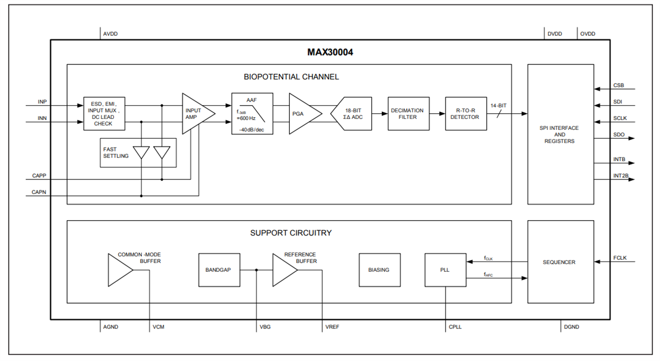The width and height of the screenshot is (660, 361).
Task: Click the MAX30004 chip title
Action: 330,53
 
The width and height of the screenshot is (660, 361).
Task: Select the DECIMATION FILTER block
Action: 408,114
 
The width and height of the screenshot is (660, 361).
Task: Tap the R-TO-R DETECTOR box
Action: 466,114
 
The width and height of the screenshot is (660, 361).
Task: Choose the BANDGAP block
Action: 219,270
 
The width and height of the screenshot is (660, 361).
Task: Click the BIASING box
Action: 379,270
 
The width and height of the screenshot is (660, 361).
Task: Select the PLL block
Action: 445,270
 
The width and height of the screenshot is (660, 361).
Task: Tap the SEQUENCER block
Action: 560,262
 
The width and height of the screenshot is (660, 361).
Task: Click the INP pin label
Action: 42,102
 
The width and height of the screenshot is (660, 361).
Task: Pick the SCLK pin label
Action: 620,118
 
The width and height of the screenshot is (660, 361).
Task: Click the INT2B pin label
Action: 620,176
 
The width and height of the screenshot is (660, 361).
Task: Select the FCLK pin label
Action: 620,258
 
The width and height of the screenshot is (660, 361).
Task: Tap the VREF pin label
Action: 332,327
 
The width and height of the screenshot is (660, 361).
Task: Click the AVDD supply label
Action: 110,34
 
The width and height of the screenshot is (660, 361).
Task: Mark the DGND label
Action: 571,327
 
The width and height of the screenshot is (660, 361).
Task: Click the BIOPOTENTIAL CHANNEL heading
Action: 291,76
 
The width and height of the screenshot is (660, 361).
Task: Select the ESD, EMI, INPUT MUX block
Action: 105,114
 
